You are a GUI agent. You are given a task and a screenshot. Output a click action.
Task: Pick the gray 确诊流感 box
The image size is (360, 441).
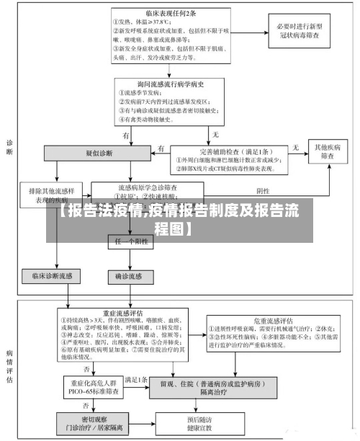click(130, 275)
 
